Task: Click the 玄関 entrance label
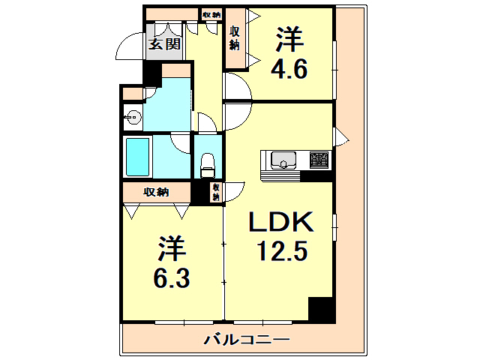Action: pyautogui.click(x=163, y=43)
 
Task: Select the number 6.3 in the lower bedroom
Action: pyautogui.click(x=172, y=277)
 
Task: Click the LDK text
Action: pyautogui.click(x=284, y=223)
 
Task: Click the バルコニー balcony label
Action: pyautogui.click(x=247, y=340)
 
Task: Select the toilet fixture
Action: pyautogui.click(x=208, y=163)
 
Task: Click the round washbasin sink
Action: pyautogui.click(x=133, y=116)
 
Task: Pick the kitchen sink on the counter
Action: pyautogui.click(x=284, y=159)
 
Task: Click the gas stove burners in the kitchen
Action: pyautogui.click(x=319, y=159)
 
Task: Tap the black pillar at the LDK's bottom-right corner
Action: pyautogui.click(x=322, y=310)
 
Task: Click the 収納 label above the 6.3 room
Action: pyautogui.click(x=157, y=191)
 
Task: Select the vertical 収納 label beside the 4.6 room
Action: pyautogui.click(x=235, y=37)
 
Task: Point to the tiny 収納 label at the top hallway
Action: pyautogui.click(x=211, y=14)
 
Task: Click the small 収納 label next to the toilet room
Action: pyautogui.click(x=216, y=192)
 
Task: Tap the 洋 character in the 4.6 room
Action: pyautogui.click(x=289, y=37)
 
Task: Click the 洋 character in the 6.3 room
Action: pyautogui.click(x=172, y=247)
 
